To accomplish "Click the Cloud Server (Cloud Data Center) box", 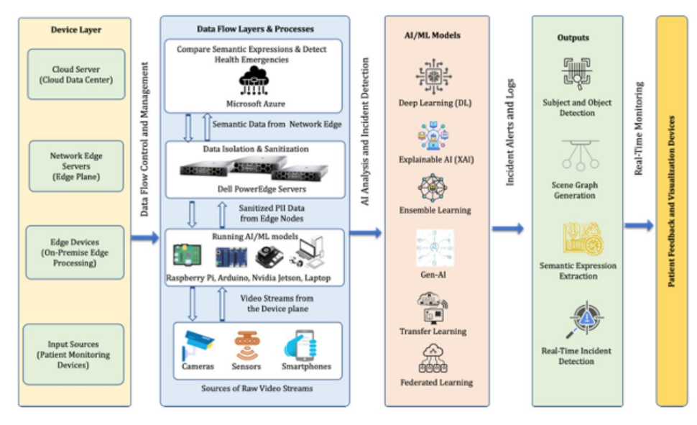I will pyautogui.click(x=75, y=75).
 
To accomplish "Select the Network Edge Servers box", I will pyautogui.click(x=75, y=166).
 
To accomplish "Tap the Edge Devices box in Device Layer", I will pyautogui.click(x=75, y=252).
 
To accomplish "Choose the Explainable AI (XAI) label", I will pyautogui.click(x=435, y=160).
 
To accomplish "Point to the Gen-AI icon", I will pyautogui.click(x=435, y=248).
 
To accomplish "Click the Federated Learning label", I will pyautogui.click(x=435, y=383).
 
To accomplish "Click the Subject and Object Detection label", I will pyautogui.click(x=577, y=107).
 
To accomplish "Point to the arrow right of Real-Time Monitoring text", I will pyautogui.click(x=639, y=226).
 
